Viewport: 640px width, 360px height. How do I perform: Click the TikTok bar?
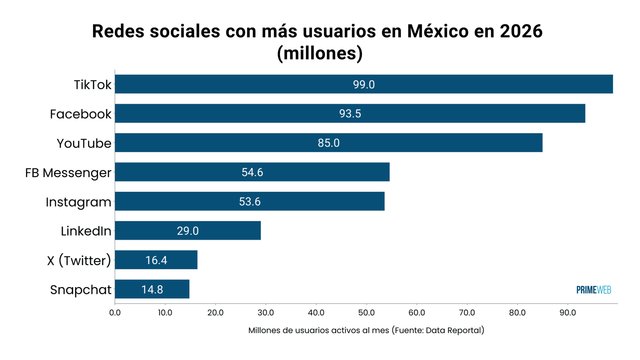click(x=364, y=84)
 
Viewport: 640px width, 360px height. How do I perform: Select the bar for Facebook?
click(x=350, y=113)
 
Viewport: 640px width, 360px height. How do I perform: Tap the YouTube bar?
click(x=329, y=143)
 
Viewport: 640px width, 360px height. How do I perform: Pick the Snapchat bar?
click(x=152, y=289)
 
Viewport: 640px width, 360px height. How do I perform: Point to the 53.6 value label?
click(x=251, y=201)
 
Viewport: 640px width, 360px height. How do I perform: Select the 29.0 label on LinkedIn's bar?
click(x=188, y=231)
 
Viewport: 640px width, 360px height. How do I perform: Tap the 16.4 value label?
click(x=157, y=260)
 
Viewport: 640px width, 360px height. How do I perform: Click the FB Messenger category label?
click(x=68, y=172)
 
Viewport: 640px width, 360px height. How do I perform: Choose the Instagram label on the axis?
click(x=78, y=201)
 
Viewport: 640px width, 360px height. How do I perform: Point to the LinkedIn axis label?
click(x=85, y=231)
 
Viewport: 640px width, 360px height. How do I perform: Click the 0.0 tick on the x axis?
click(x=115, y=312)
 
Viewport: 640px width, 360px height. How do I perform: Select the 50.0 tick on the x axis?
click(x=367, y=312)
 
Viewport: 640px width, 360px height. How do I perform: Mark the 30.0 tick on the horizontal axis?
click(x=266, y=312)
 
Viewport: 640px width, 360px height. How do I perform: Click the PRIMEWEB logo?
click(x=593, y=290)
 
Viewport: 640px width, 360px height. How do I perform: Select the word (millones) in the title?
click(x=319, y=52)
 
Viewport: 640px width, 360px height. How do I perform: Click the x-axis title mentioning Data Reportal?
click(x=365, y=330)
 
